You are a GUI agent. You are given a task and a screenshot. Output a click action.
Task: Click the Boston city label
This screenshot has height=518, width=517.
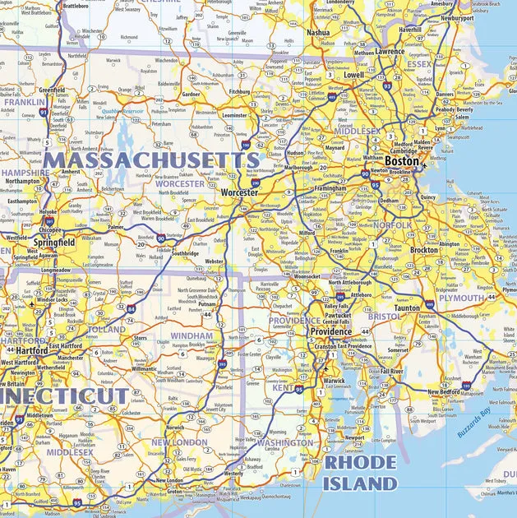402,162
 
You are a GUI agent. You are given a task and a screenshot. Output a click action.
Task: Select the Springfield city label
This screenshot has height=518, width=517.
54,243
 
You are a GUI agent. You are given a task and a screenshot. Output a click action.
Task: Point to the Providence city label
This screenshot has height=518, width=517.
330,332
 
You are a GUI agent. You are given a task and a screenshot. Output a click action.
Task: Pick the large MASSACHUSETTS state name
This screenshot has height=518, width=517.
151,160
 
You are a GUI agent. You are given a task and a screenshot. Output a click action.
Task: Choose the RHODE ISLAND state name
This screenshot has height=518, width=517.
359,473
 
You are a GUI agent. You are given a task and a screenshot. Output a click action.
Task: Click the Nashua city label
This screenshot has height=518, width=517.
317,33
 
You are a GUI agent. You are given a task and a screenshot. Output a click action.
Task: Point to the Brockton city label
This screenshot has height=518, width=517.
424,250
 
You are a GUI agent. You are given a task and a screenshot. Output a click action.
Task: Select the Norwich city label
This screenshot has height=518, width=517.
175,428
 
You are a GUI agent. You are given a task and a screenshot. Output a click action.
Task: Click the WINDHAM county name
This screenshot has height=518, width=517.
192,336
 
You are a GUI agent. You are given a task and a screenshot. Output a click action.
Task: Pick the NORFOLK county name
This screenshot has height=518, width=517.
392,224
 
